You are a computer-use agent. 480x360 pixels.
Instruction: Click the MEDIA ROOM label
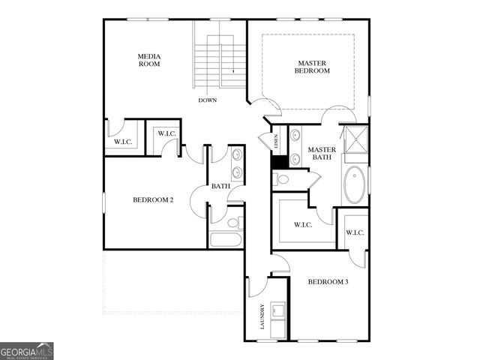[x=149, y=60]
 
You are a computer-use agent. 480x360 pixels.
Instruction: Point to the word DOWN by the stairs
[x=208, y=100]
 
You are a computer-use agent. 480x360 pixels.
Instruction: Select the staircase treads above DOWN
[x=220, y=63]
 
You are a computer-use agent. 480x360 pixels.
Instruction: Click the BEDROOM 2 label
[x=153, y=199]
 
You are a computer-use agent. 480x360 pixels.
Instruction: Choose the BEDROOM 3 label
[x=328, y=282]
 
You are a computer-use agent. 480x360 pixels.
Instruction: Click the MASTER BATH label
[x=322, y=154]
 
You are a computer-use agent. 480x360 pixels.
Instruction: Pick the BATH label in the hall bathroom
[x=220, y=186]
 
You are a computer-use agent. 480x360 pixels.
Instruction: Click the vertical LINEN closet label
[x=276, y=142]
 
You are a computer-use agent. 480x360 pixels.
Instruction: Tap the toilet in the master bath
[x=280, y=179]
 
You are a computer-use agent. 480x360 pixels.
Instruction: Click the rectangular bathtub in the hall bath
[x=225, y=241]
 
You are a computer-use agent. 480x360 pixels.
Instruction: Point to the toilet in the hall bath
[x=233, y=223]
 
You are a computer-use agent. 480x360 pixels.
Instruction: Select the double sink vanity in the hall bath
[x=237, y=164]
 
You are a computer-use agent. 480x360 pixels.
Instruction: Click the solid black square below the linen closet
[x=278, y=161]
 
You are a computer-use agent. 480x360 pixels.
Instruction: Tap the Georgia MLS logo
[x=27, y=351]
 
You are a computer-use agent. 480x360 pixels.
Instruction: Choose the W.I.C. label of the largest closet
[x=302, y=224]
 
